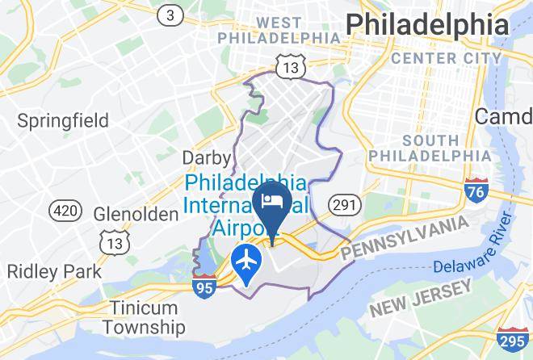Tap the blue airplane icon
(244, 261)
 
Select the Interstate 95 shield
(204, 287)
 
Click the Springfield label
(63, 121)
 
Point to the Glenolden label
(136, 214)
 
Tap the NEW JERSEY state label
(420, 298)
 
